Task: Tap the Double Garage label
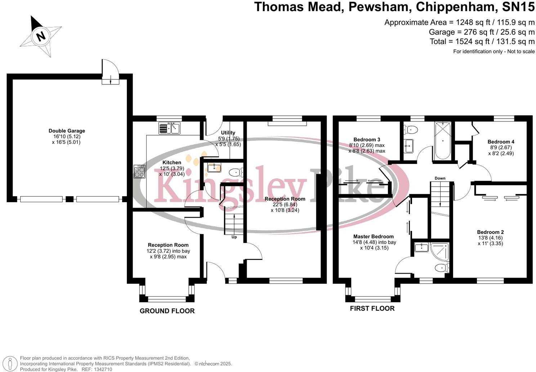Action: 67,131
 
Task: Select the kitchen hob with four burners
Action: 139,171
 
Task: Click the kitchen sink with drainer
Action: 169,128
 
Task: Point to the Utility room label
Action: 228,133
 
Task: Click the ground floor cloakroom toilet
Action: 236,172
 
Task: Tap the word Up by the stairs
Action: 234,237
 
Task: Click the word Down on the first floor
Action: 440,178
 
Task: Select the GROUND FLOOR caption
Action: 167,311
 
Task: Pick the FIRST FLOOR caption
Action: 372,308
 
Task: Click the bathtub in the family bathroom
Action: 443,141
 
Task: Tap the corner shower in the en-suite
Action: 439,252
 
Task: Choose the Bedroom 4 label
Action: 501,142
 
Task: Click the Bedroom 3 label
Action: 367,139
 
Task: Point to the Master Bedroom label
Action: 373,236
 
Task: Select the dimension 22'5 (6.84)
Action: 285,205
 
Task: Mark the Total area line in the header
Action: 482,41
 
